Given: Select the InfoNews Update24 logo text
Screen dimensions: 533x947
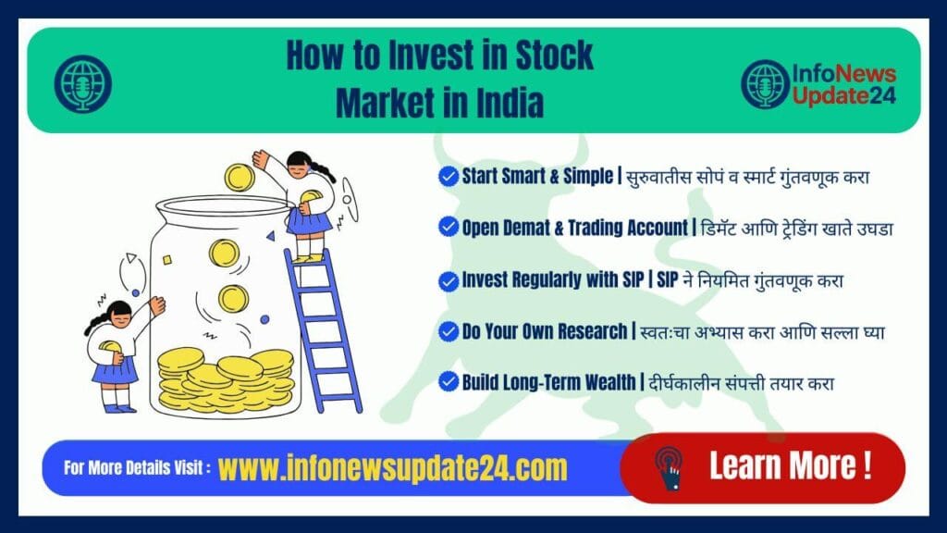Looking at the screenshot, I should [x=842, y=84].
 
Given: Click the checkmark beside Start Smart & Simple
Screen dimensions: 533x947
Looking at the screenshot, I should [x=449, y=177].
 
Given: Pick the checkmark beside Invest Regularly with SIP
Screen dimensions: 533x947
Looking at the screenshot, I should [x=449, y=279].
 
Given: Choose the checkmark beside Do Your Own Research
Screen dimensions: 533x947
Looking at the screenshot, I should [x=449, y=331].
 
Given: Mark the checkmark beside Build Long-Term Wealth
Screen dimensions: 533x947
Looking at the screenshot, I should [x=449, y=382].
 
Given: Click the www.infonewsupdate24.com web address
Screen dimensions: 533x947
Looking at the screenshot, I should [x=392, y=468].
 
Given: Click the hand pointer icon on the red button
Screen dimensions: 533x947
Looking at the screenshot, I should [x=668, y=466].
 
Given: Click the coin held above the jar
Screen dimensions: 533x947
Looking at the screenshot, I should [x=240, y=176].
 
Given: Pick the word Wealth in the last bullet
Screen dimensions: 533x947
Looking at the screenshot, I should [x=602, y=382].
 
